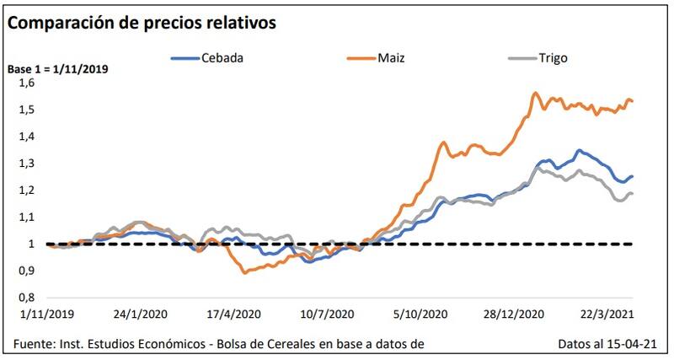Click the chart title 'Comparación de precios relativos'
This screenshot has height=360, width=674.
pyautogui.click(x=142, y=23)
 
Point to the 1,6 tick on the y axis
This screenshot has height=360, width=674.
pyautogui.click(x=29, y=83)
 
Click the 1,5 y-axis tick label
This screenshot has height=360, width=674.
pyautogui.click(x=29, y=110)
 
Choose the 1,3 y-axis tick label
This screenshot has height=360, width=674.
pyautogui.click(x=29, y=163)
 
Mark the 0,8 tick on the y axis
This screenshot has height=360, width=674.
pyautogui.click(x=29, y=297)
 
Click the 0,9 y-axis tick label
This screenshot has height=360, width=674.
pyautogui.click(x=29, y=271)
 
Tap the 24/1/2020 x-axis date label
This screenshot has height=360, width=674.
pyautogui.click(x=138, y=314)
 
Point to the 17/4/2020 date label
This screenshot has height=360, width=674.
pyautogui.click(x=231, y=314)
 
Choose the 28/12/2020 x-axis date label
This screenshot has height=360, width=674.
pyautogui.click(x=511, y=314)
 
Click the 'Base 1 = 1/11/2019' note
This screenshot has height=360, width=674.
pyautogui.click(x=58, y=68)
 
